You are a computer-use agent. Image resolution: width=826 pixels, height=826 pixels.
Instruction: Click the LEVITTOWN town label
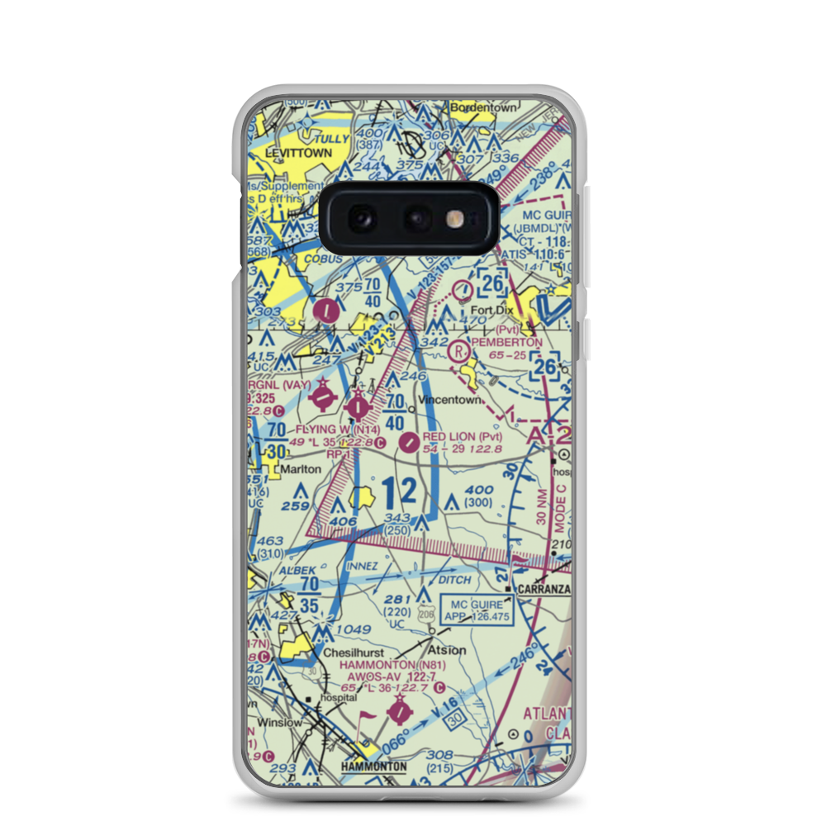pyautogui.click(x=298, y=153)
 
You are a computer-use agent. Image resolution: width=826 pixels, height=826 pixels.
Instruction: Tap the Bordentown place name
pyautogui.click(x=483, y=107)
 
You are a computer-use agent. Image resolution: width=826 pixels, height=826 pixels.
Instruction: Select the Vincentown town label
pyautogui.click(x=450, y=400)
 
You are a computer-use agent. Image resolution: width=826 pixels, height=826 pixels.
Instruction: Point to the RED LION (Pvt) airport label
pyautogui.click(x=462, y=436)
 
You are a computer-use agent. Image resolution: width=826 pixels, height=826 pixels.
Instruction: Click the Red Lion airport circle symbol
pyautogui.click(x=409, y=444)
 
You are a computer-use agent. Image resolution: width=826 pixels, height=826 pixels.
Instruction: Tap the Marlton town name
pyautogui.click(x=301, y=468)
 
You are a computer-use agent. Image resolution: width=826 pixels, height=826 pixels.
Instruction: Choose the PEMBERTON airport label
pyautogui.click(x=506, y=342)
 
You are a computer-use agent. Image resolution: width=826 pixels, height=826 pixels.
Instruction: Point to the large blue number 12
pyautogui.click(x=401, y=493)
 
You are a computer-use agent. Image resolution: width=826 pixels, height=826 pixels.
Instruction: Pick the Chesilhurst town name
pyautogui.click(x=354, y=653)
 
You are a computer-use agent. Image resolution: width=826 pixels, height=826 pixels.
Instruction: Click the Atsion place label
pyautogui.click(x=446, y=650)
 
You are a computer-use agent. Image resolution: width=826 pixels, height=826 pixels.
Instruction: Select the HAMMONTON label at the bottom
pyautogui.click(x=374, y=767)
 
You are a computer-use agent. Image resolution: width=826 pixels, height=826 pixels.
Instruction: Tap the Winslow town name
pyautogui.click(x=279, y=723)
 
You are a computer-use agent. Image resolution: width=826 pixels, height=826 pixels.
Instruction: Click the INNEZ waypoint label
pyautogui.click(x=363, y=566)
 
